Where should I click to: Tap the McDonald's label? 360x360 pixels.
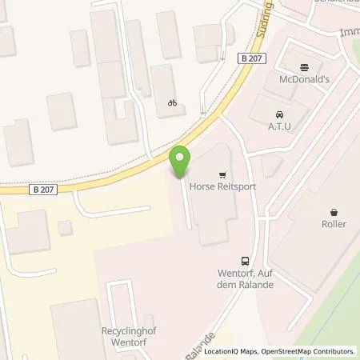(x=303, y=80)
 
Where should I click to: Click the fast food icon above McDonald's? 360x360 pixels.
(x=303, y=67)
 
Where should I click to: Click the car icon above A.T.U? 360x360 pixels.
(x=278, y=114)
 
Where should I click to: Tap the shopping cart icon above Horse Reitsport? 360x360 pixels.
(x=221, y=173)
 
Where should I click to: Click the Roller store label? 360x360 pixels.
(x=334, y=224)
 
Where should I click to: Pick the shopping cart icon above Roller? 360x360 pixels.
(x=334, y=212)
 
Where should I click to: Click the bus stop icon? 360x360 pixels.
(x=244, y=261)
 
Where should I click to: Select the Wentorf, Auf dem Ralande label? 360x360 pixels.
(x=244, y=279)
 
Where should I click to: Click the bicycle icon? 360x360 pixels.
(x=171, y=102)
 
